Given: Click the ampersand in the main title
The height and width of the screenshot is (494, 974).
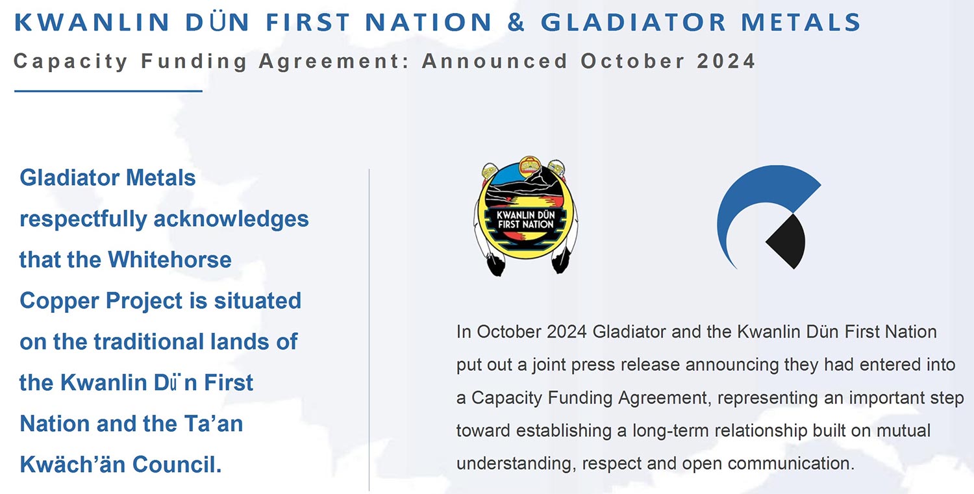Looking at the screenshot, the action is tap(516, 22).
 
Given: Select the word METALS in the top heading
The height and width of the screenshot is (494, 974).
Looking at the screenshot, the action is tap(801, 22).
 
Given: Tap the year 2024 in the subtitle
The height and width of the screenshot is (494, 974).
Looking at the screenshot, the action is tap(726, 61).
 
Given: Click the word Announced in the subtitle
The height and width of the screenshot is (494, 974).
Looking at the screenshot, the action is tap(495, 61).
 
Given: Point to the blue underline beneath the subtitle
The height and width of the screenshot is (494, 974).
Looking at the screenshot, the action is tap(108, 91).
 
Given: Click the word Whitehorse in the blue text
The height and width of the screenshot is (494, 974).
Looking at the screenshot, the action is tap(169, 260).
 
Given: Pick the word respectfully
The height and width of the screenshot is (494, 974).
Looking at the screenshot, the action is tap(83, 219).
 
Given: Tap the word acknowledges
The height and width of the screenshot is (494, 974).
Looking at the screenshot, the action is tap(231, 219).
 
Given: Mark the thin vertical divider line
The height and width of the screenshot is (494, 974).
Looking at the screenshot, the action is tap(369, 330).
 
